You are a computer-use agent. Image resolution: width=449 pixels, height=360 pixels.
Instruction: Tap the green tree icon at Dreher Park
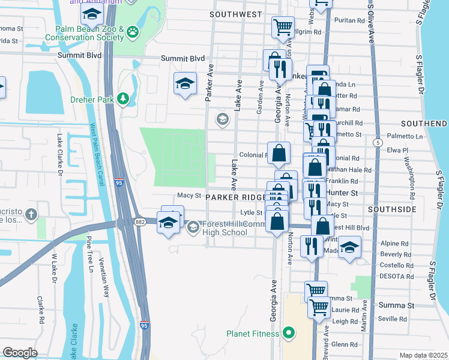click(x=124, y=98)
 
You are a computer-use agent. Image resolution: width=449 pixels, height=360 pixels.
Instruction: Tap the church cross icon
click(x=31, y=214)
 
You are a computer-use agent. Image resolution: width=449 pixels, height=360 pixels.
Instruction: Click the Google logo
click(x=20, y=353)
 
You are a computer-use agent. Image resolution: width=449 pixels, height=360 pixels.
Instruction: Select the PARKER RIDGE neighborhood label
click(x=235, y=197)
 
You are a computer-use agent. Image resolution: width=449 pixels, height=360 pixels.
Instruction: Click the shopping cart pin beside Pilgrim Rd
click(x=283, y=27)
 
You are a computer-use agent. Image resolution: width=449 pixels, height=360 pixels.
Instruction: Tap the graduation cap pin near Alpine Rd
click(x=349, y=247)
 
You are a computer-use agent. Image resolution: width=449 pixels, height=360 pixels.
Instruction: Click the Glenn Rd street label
click(x=344, y=344)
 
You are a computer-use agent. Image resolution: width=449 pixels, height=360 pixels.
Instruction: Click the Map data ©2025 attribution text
click(x=423, y=355)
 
